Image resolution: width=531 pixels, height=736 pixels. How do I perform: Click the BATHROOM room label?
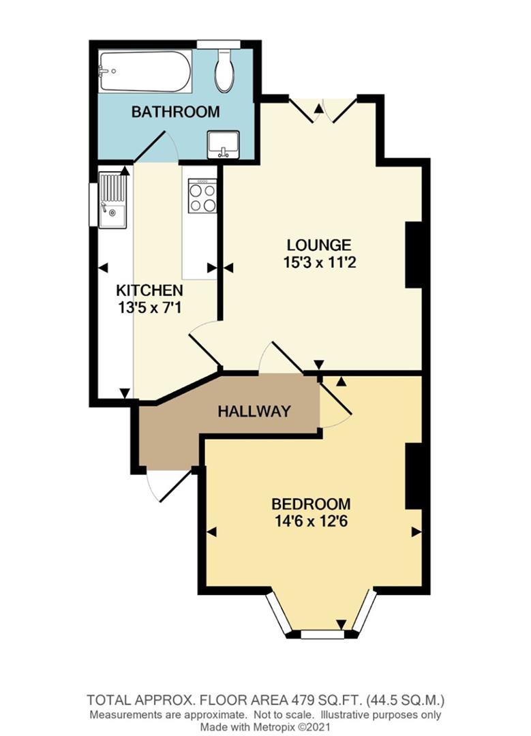point(175,111)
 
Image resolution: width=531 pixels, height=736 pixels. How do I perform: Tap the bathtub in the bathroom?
point(144,71)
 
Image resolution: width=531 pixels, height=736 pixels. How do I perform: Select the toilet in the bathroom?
point(224,72)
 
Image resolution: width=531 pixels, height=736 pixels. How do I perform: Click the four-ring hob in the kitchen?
point(202,196)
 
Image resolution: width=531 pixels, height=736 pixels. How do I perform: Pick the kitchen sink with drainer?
point(112,200)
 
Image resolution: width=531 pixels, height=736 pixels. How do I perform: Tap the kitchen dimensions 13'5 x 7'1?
point(149,307)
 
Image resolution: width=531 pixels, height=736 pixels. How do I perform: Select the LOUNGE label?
point(318,244)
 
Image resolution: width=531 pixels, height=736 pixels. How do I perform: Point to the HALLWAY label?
point(254,411)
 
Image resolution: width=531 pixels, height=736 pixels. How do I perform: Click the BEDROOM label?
point(311,504)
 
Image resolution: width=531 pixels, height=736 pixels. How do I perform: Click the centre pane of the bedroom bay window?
point(322,634)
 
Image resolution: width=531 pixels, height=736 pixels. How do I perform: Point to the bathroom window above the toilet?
point(216,44)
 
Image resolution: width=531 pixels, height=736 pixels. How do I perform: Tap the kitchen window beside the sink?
point(93,202)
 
